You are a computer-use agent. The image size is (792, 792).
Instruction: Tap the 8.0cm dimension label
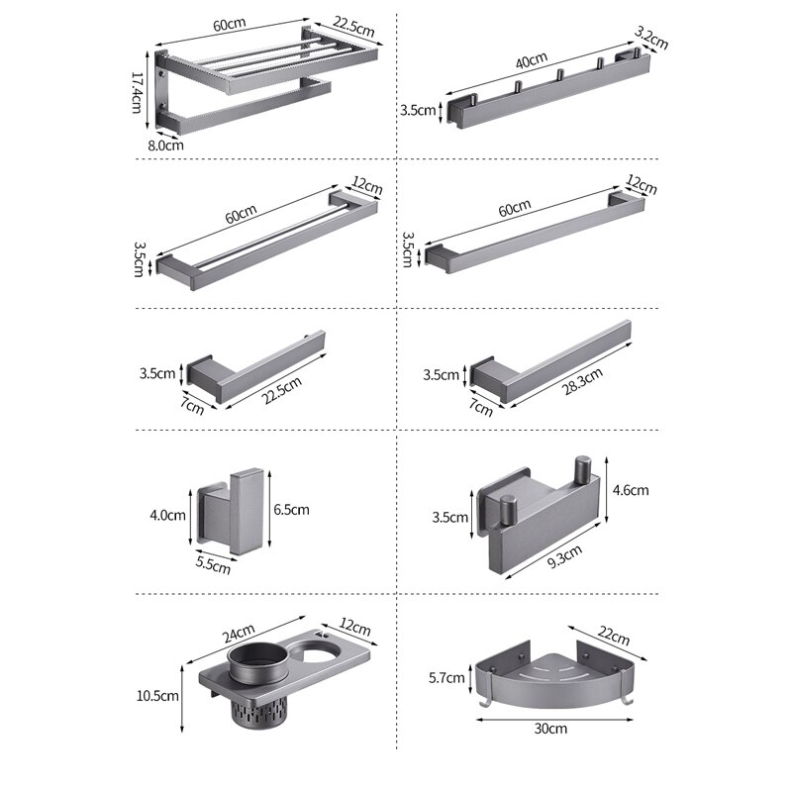166,145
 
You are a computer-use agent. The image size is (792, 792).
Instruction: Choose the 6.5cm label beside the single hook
291,510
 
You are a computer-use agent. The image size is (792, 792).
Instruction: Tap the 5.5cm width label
213,565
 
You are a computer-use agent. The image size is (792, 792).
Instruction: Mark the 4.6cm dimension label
631,489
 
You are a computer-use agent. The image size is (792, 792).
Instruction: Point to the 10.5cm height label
159,695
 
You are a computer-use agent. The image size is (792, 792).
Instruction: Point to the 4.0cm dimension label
168,515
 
